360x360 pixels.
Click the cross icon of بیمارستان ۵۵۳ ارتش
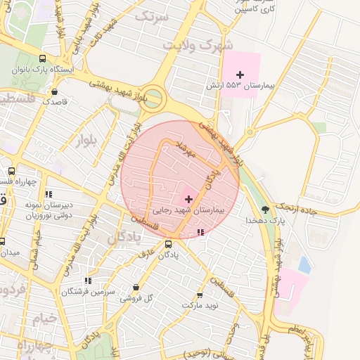coord(240,74)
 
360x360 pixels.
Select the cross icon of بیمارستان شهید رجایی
coord(188,199)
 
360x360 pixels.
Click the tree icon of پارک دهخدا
coord(265,209)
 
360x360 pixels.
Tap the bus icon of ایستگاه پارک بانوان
coord(43,59)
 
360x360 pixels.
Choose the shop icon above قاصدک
coord(55,91)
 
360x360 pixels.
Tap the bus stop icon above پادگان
coord(168,244)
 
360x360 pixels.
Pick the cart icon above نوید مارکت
coord(200,295)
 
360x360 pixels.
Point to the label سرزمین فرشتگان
coord(88,291)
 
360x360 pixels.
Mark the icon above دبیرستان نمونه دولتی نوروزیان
coord(49,193)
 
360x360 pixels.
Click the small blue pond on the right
coord(304,264)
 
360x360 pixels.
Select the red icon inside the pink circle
coord(201,231)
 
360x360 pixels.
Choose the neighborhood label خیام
coord(44,319)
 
